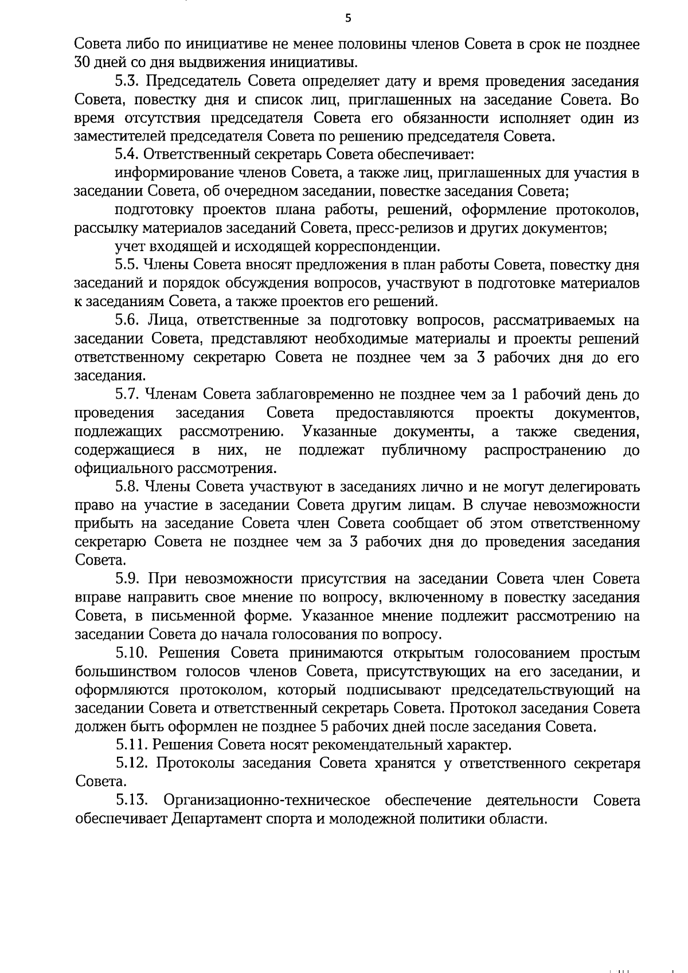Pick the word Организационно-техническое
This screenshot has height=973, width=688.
(267, 800)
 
